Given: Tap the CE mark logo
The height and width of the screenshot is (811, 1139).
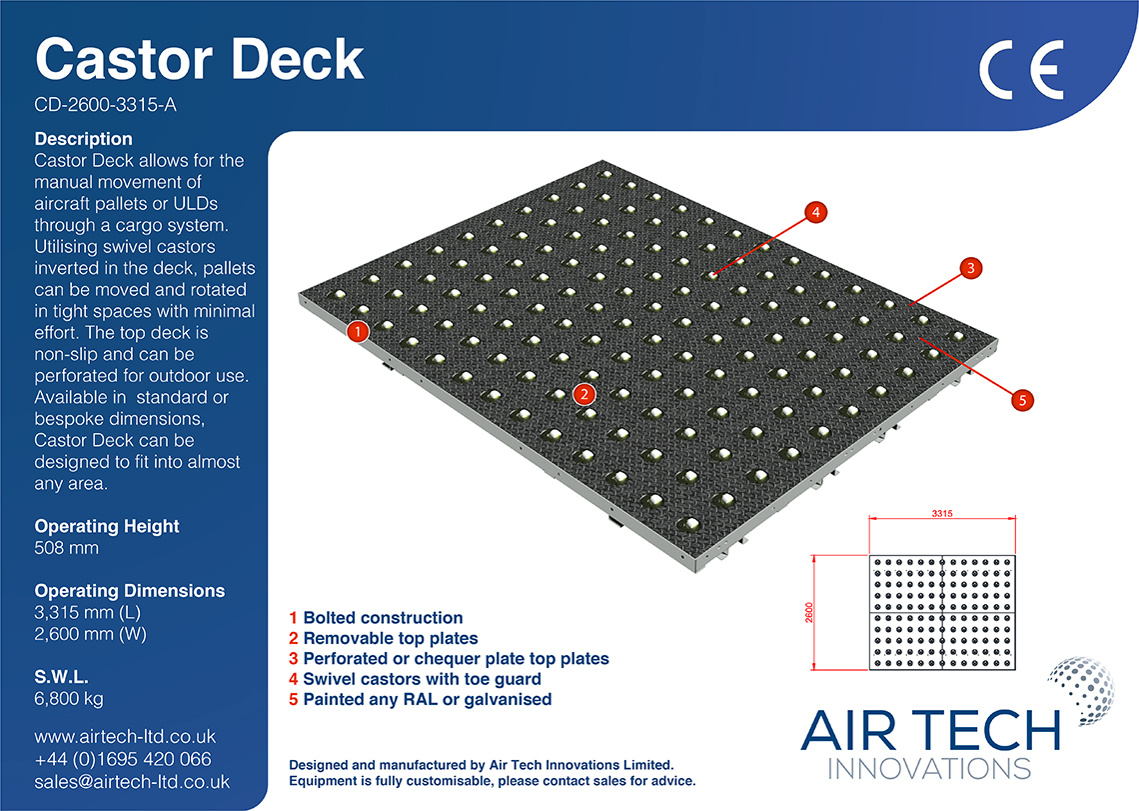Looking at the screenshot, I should coord(1020,70).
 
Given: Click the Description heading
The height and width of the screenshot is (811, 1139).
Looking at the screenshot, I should coord(83,139).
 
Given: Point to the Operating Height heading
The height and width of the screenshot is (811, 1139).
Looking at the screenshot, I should coord(107,526).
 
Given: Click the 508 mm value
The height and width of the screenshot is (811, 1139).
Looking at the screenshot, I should coord(66,548).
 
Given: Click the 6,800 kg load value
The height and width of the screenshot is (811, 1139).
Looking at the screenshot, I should coord(69,698).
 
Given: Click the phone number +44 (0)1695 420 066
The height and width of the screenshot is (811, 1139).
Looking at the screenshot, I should coord(122,760).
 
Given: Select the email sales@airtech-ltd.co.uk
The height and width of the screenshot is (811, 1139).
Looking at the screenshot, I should coord(132,782).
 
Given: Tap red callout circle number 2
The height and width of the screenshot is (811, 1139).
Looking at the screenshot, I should coord(585,394).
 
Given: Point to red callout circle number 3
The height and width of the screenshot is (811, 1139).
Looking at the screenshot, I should coord(968,268).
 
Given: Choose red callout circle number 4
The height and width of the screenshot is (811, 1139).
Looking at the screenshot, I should coord(815,212).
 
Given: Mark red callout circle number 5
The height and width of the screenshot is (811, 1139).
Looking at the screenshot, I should coord(1020,400).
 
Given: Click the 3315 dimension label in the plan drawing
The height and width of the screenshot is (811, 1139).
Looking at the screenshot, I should coord(942,514).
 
